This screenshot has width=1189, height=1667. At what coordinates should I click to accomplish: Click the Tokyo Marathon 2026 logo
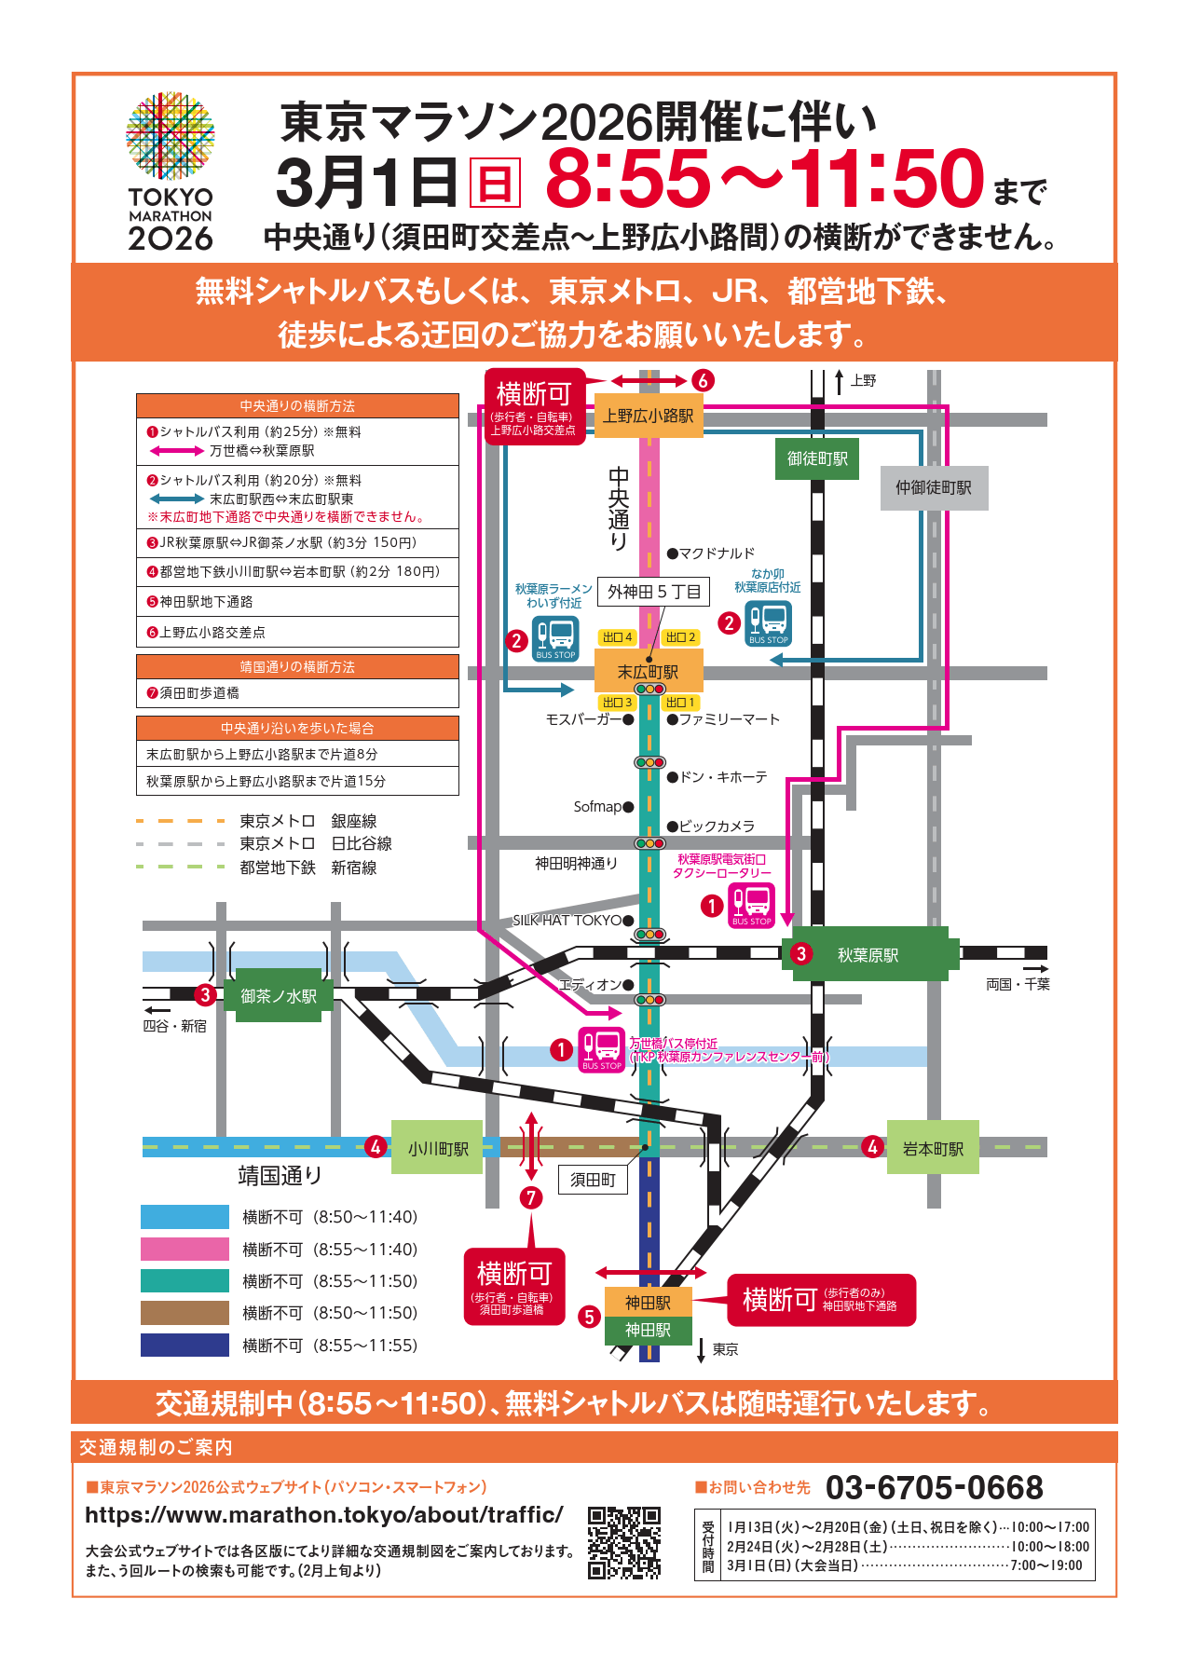171,172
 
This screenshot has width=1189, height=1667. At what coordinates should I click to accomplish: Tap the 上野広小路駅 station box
649,416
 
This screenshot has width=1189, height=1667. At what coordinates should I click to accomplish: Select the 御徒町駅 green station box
817,458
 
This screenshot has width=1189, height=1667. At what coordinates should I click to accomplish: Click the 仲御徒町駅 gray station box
934,487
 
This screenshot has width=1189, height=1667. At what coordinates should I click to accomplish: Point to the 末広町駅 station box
649,672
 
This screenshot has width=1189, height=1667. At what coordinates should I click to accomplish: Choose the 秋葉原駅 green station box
868,955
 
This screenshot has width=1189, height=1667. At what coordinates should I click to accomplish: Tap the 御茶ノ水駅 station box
279,996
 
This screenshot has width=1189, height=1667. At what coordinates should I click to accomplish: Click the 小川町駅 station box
437,1149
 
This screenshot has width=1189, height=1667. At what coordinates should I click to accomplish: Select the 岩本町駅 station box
933,1149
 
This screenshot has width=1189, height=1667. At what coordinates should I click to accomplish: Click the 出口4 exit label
617,637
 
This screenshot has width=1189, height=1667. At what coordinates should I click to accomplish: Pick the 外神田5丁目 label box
653,592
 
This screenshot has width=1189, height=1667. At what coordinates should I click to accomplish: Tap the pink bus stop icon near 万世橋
602,1049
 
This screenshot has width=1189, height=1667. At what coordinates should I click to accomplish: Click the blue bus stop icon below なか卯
769,623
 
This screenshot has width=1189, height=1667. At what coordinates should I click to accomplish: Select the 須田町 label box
594,1180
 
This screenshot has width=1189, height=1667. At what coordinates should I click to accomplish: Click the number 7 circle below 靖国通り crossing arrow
531,1197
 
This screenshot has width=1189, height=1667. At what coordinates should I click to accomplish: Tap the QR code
624,1542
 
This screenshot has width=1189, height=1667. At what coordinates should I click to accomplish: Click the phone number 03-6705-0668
934,1488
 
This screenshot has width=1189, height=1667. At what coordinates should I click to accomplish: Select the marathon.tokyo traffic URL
324,1515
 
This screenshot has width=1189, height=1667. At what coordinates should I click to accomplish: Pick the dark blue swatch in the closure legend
184,1345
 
